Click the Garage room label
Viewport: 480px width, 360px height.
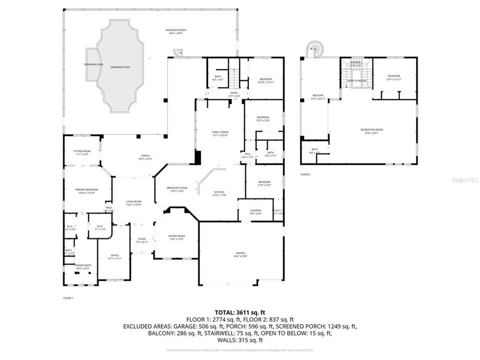pyautogui.click(x=241, y=254)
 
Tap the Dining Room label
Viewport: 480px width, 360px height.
pyautogui.click(x=177, y=237)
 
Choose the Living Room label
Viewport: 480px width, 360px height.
pyautogui.click(x=133, y=202)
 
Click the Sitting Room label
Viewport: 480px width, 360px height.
pyautogui.click(x=82, y=152)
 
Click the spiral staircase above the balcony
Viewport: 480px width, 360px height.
pyautogui.click(x=315, y=49)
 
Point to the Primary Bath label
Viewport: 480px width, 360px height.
pyautogui.click(x=82, y=266)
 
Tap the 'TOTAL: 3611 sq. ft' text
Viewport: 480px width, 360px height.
pyautogui.click(x=239, y=311)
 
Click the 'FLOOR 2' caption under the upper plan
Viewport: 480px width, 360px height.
pyautogui.click(x=305, y=174)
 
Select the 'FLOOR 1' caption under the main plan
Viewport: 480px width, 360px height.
pyautogui.click(x=68, y=298)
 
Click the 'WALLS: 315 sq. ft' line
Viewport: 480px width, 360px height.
pyautogui.click(x=239, y=340)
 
